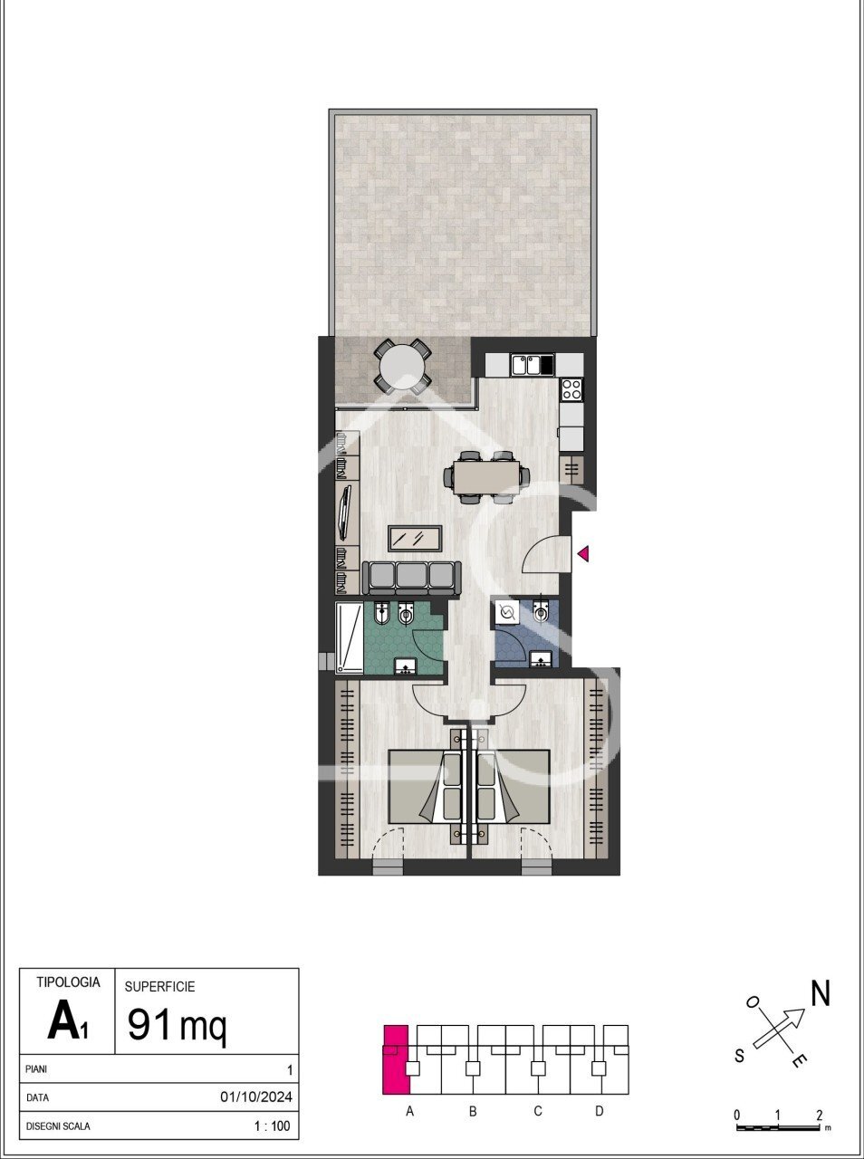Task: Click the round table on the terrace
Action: [x=403, y=367]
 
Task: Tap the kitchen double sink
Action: [x=532, y=365]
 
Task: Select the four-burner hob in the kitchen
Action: [x=572, y=389]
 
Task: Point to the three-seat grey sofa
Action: [x=411, y=579]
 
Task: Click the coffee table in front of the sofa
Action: [x=415, y=539]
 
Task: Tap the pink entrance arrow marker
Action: [x=583, y=554]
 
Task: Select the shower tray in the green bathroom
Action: [x=350, y=639]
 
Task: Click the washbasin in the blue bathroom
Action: [x=541, y=658]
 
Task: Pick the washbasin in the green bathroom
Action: [x=405, y=666]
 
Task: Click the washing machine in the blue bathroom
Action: [x=507, y=612]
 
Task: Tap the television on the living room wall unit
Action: [x=345, y=512]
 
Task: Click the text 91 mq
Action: [x=177, y=1024]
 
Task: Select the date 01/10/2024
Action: [x=256, y=1097]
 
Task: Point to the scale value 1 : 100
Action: [x=273, y=1125]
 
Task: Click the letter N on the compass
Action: [x=821, y=992]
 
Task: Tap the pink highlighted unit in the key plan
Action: [x=396, y=1059]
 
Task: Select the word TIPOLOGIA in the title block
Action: [x=68, y=982]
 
